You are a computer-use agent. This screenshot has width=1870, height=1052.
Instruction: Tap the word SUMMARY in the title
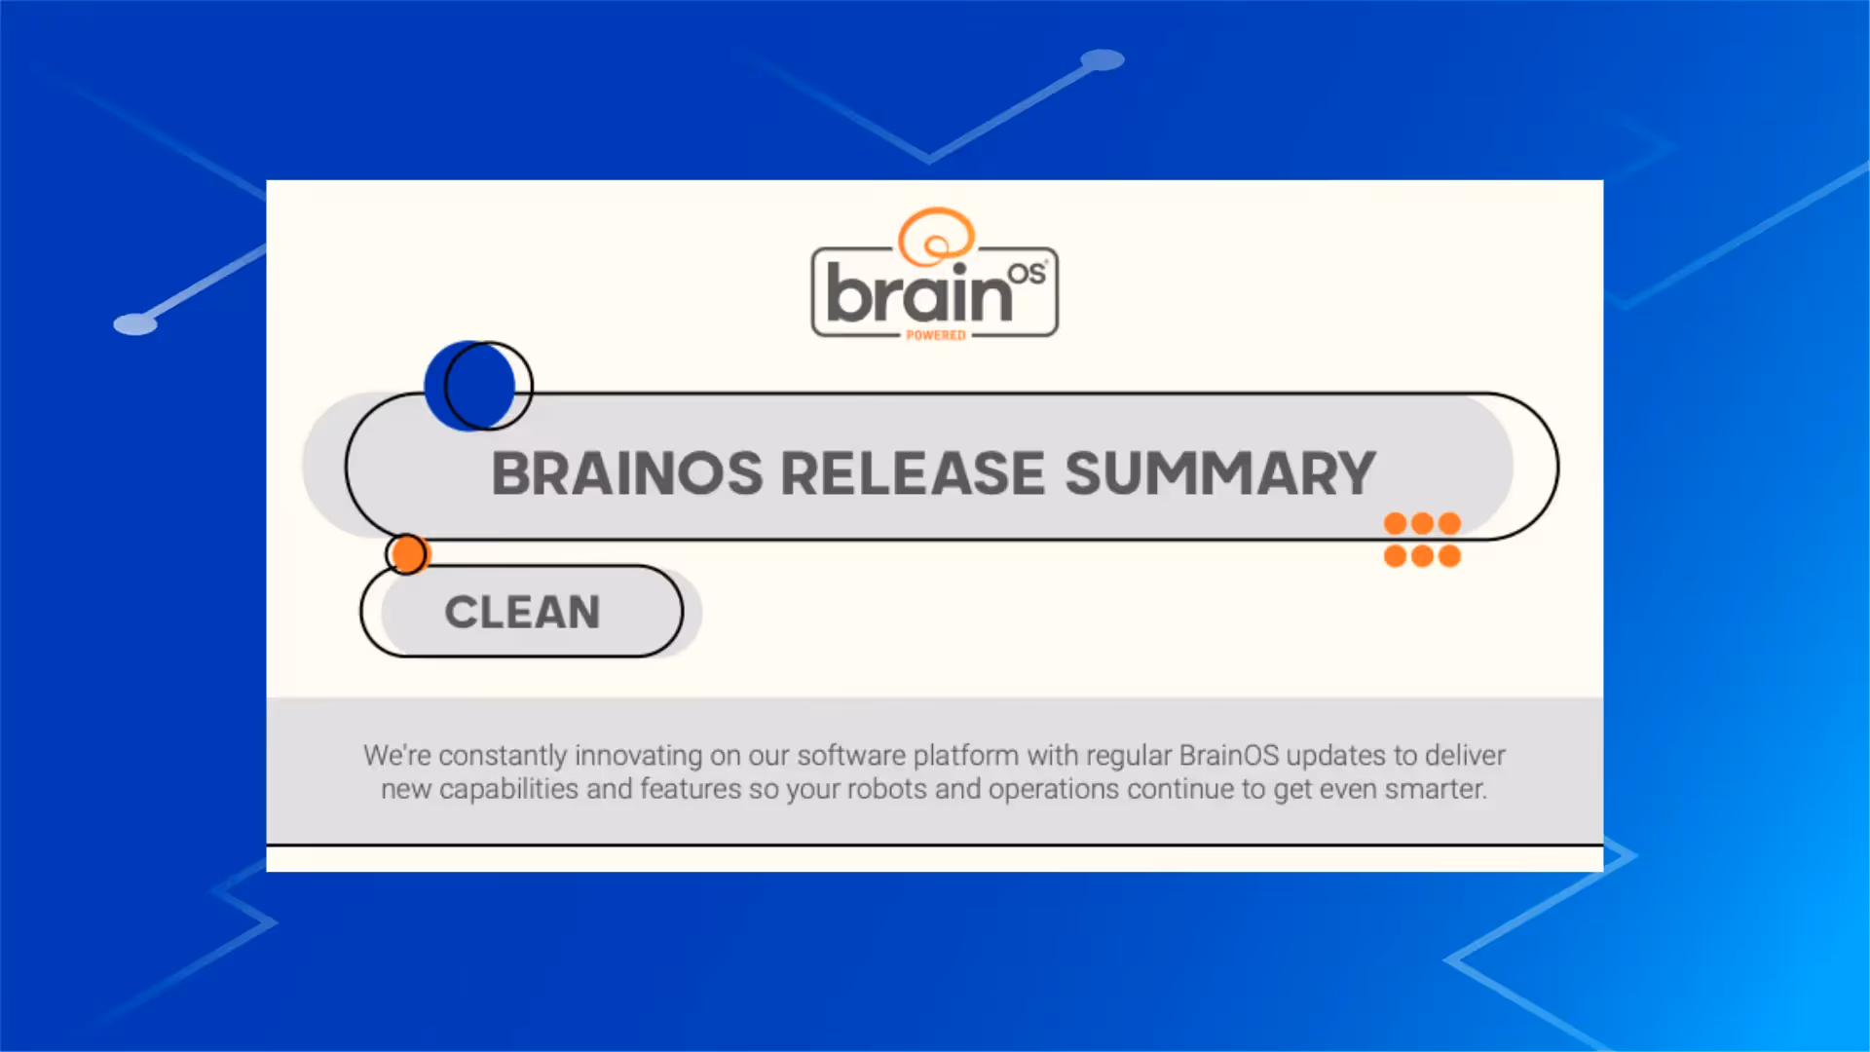coord(1219,474)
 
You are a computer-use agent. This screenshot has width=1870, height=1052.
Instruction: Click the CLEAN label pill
coord(522,613)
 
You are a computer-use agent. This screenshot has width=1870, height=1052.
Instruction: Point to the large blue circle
coord(469,386)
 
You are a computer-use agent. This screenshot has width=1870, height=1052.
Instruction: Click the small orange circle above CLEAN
coord(407,553)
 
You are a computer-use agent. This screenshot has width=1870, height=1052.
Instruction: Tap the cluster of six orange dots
coord(1422,540)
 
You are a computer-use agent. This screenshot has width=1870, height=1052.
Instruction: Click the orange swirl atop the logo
coord(935,236)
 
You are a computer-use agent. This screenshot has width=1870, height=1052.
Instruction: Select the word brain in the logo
coord(918,293)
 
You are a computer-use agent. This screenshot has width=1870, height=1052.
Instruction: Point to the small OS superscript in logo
coord(1026,274)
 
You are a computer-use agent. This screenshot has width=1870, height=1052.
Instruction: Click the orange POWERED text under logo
coord(935,335)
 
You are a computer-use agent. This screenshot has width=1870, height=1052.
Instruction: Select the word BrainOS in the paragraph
coord(1228,756)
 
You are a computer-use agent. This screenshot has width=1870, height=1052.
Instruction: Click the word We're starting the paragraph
coord(396,756)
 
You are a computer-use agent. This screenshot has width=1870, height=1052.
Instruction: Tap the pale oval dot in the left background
coord(135,323)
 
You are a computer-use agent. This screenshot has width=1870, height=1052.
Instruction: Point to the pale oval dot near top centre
coord(1103,60)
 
